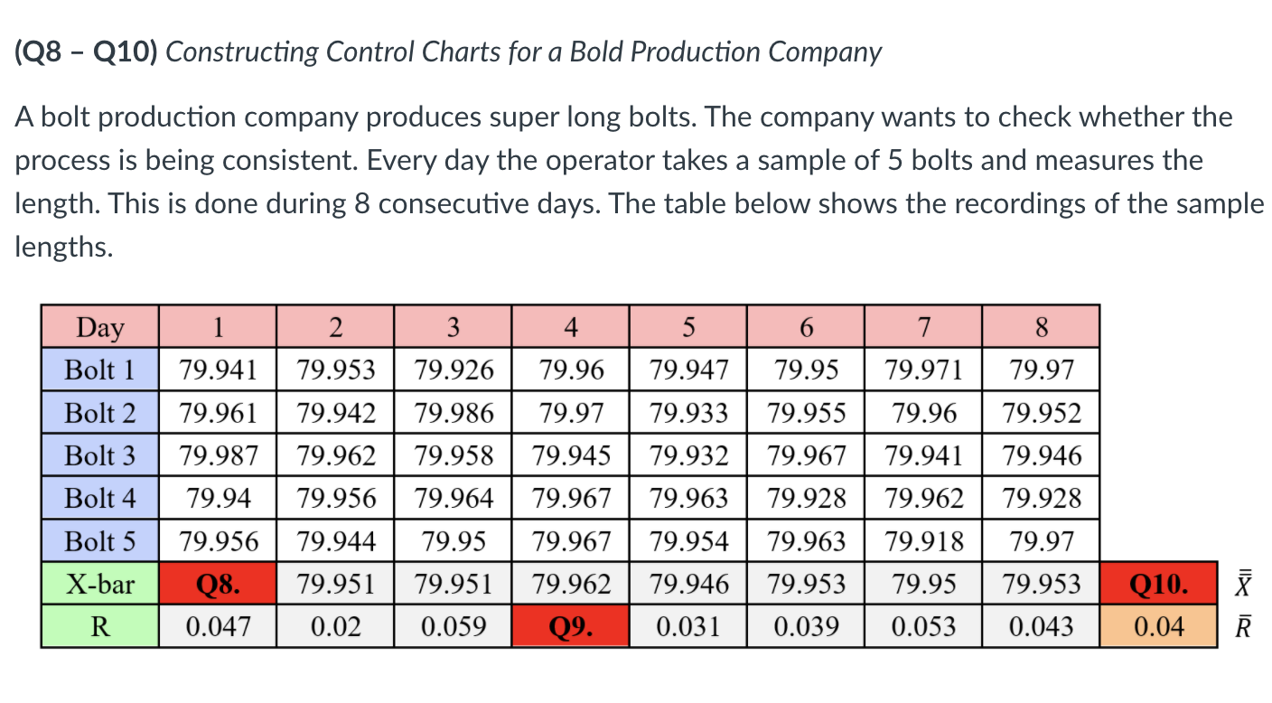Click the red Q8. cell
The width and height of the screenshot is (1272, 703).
[x=217, y=584]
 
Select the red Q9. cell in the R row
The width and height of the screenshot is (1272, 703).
[x=570, y=626]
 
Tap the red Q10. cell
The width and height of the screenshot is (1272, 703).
[x=1159, y=584]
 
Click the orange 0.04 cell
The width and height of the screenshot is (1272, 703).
[x=1159, y=626]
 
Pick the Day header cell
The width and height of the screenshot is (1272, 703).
[x=100, y=327]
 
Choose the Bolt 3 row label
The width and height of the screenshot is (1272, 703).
[x=100, y=455]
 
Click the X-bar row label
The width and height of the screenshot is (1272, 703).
[x=100, y=584]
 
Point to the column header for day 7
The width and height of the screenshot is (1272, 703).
[x=922, y=327]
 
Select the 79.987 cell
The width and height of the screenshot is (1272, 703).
[x=217, y=455]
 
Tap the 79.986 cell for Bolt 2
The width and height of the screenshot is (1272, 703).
[x=453, y=413]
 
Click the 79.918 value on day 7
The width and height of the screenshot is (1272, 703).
[x=922, y=541]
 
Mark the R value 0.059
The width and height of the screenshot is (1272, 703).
[x=453, y=626]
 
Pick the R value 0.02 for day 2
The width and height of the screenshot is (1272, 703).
[x=335, y=626]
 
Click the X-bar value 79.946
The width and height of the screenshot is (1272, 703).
[x=688, y=584]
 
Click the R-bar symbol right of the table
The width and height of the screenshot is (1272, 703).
[x=1244, y=626]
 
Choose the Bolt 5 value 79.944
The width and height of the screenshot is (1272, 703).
[x=335, y=541]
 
